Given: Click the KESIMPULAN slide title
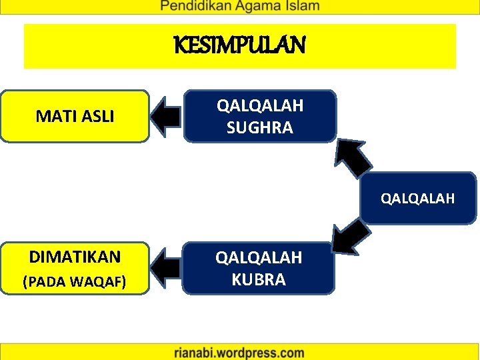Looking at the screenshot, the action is point(239,46).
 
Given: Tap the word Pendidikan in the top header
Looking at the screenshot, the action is point(193,7).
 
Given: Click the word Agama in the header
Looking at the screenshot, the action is point(257,7).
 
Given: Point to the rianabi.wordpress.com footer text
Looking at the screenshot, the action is point(240,353).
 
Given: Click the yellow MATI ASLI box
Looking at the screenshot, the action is point(75,117).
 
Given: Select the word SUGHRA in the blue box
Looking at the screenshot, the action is point(259,127).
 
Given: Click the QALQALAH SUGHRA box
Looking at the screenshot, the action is point(259,117).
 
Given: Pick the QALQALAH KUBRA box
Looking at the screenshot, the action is point(258,268).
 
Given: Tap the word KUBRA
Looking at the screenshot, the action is point(259,279).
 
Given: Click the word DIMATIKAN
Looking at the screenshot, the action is point(75,257).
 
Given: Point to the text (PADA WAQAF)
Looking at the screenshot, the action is point(75,281).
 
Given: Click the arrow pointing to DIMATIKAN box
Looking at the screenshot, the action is point(166,268).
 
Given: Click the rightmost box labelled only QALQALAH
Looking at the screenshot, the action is point(418,198).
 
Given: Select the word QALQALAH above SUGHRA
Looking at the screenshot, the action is point(259,105).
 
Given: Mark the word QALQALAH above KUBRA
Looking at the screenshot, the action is point(259,257).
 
